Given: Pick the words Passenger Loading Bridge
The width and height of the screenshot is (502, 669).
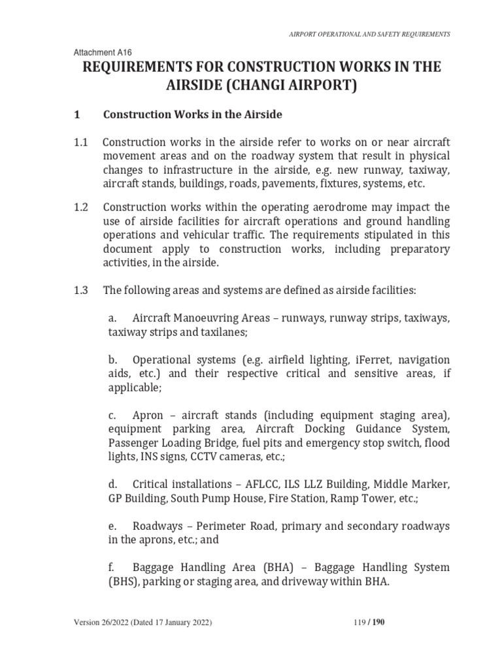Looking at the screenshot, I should pyautogui.click(x=170, y=442).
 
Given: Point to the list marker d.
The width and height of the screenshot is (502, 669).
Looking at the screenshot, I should pyautogui.click(x=112, y=484).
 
